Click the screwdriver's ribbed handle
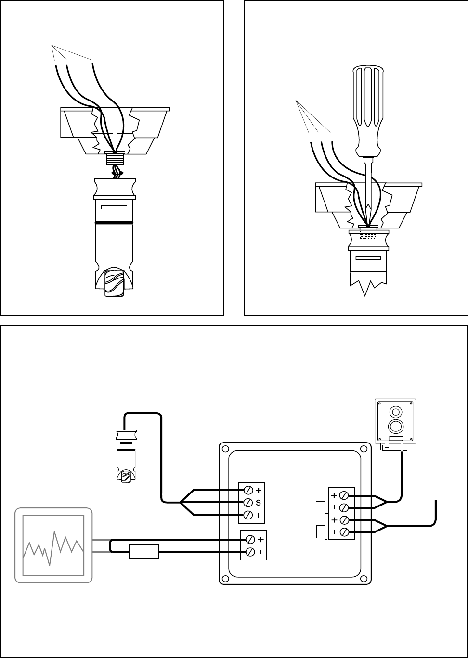coord(368,111)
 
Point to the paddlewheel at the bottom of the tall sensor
coord(114,281)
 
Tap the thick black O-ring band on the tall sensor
coord(114,223)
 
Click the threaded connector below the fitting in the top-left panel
coord(115,158)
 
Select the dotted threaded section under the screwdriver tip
coord(368,234)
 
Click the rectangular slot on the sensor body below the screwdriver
coord(368,258)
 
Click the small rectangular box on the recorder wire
coord(144,552)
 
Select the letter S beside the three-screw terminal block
coord(259,503)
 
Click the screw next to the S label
coord(248,502)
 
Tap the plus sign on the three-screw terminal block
coord(259,490)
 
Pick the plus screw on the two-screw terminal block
coord(250,540)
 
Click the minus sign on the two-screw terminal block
coord(261,552)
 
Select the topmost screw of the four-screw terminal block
coord(344,495)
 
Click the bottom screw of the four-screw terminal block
coord(344,531)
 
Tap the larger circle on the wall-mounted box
coord(396,426)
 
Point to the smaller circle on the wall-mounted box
coord(396,412)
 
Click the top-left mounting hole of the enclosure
coord(225,449)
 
